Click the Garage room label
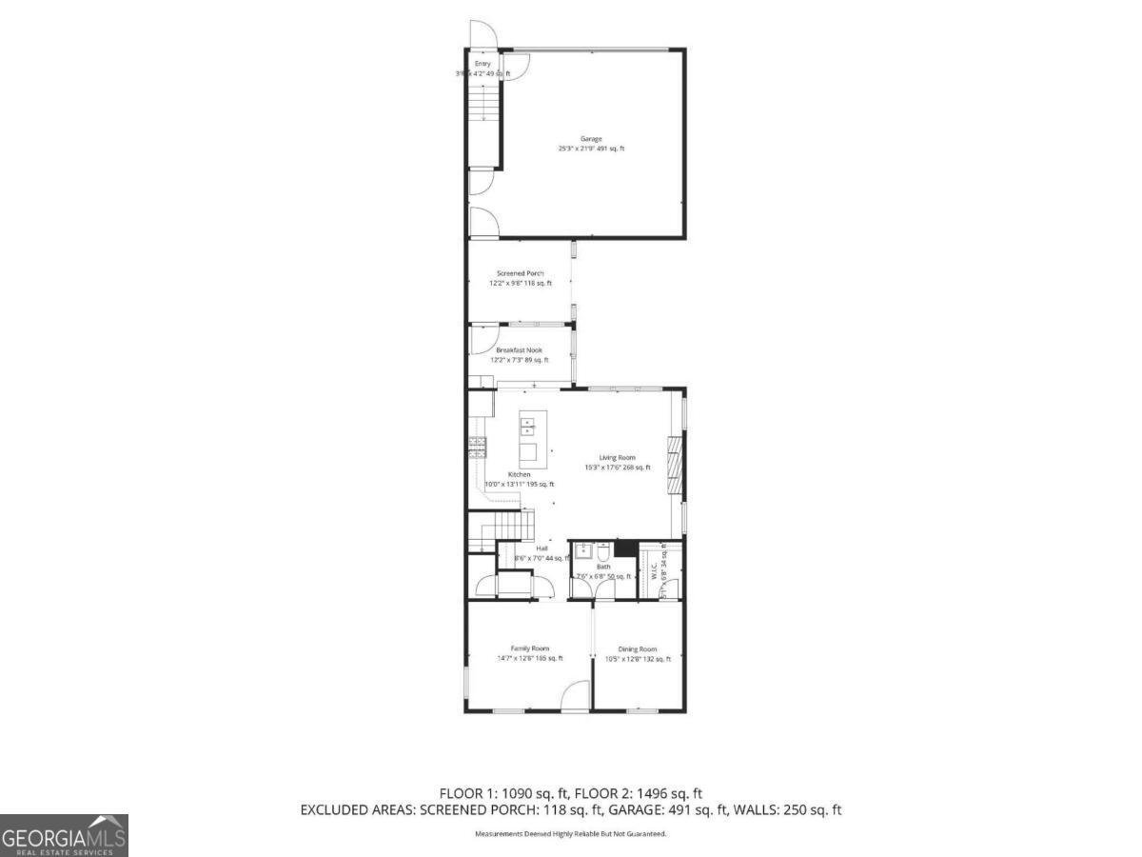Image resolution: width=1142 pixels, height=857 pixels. [591, 139]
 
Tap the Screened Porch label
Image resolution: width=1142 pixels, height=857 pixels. [520, 273]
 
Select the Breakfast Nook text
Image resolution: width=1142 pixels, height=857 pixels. [519, 350]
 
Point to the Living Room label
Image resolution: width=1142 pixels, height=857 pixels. [617, 458]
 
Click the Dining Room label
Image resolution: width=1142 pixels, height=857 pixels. [638, 649]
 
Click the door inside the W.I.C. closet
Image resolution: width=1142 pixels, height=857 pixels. [671, 586]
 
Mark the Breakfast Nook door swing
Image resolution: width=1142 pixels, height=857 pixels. [482, 339]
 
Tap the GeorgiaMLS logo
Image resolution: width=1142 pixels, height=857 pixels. [64, 836]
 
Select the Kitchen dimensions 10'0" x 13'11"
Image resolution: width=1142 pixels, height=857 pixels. [519, 485]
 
